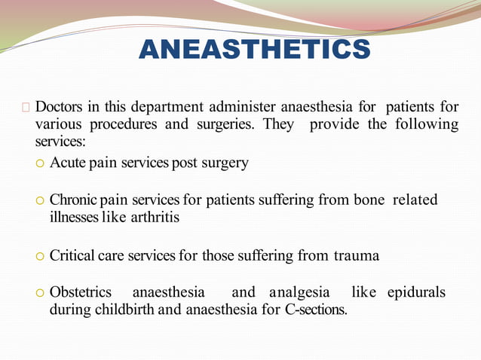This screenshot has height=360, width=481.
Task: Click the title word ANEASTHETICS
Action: [255, 50]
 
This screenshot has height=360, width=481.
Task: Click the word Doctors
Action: [60, 105]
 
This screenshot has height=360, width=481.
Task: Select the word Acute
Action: [67, 163]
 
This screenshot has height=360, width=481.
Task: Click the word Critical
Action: [72, 255]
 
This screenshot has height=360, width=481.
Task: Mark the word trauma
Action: [357, 255]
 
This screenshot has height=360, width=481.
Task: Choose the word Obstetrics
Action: [81, 291]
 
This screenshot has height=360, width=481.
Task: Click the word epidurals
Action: [416, 291]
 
